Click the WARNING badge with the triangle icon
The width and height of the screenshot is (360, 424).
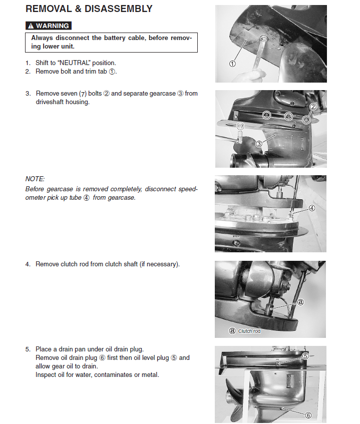pyautogui.click(x=48, y=26)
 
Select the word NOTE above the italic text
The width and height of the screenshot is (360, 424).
pyautogui.click(x=35, y=179)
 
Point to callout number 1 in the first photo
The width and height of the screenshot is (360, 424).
pyautogui.click(x=232, y=64)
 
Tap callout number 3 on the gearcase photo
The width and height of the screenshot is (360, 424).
pyautogui.click(x=259, y=144)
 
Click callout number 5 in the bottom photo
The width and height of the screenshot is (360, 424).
pyautogui.click(x=305, y=356)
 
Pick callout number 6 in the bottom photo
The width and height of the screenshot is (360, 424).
pyautogui.click(x=308, y=415)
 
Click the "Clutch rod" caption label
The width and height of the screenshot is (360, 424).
pyautogui.click(x=249, y=331)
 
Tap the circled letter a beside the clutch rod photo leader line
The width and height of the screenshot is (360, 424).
pyautogui.click(x=300, y=302)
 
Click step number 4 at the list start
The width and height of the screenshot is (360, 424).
pyautogui.click(x=28, y=264)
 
